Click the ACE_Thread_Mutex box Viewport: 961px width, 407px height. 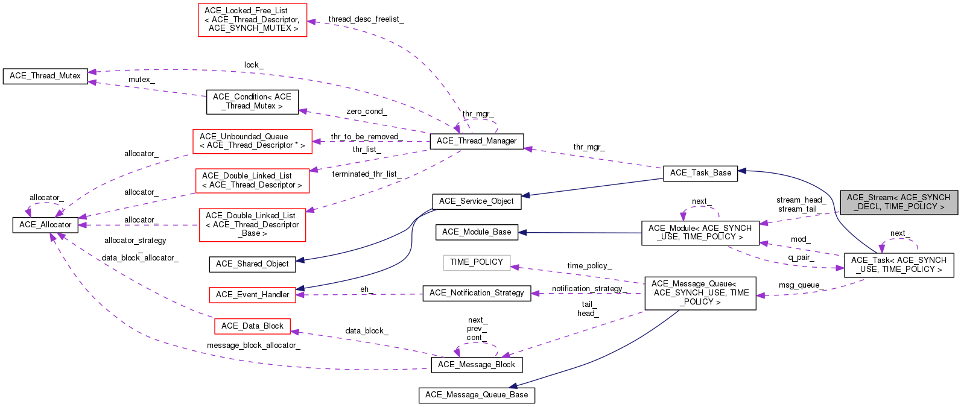(x=45, y=76)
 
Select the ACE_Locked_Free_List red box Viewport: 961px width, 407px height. (x=252, y=20)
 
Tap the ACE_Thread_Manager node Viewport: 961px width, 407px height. (x=477, y=141)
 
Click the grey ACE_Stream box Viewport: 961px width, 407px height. (x=898, y=202)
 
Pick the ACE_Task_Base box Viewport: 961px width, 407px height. (x=700, y=173)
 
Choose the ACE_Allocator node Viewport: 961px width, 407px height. (x=45, y=225)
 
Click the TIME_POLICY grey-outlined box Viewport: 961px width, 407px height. (x=477, y=262)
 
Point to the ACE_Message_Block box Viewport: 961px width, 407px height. (x=477, y=365)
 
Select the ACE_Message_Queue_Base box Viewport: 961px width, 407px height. (x=477, y=395)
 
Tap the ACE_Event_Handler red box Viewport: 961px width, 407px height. (x=252, y=295)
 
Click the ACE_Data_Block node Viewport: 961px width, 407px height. (x=252, y=326)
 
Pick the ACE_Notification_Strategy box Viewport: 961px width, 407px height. (x=477, y=293)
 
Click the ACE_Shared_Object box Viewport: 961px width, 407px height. (x=252, y=264)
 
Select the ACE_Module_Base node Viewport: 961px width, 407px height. (x=477, y=232)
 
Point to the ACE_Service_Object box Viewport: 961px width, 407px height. (x=477, y=201)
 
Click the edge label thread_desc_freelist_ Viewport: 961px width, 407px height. (x=366, y=19)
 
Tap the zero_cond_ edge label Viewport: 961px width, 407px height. (x=366, y=112)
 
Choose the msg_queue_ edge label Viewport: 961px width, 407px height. (x=801, y=285)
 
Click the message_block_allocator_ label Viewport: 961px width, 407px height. (x=253, y=345)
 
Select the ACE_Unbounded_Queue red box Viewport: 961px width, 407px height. (x=252, y=141)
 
